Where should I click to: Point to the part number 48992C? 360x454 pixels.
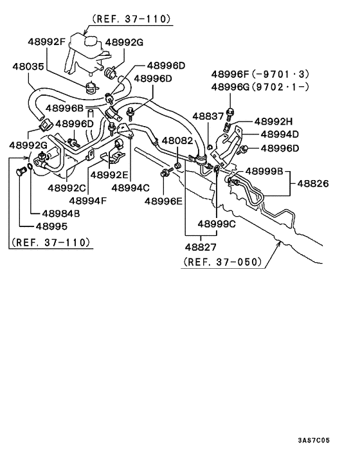pyautogui.click(x=67, y=188)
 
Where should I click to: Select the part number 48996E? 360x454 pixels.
pyautogui.click(x=163, y=201)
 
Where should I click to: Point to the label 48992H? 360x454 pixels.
pyautogui.click(x=273, y=121)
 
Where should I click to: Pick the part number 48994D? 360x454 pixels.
pyautogui.click(x=280, y=134)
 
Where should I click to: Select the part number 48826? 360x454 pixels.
pyautogui.click(x=312, y=183)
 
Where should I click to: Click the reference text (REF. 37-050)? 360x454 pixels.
pyautogui.click(x=222, y=262)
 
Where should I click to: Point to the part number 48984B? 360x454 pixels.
pyautogui.click(x=61, y=213)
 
